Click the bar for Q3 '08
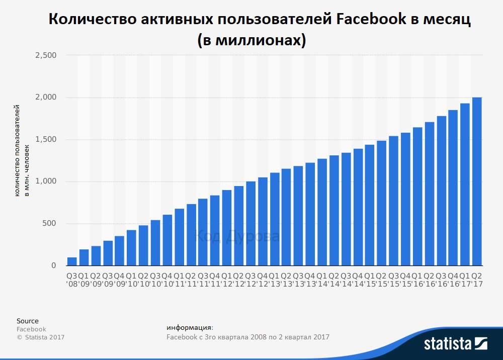[72, 261]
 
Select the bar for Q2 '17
[477, 181]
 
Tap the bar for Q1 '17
[465, 185]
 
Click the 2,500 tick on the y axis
[46, 55]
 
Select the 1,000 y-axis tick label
[46, 182]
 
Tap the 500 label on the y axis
[49, 224]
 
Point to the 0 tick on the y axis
[53, 265]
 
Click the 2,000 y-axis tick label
[46, 97]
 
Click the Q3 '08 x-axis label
[72, 280]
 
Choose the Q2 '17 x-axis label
[477, 280]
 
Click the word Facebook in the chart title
[371, 20]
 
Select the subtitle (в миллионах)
[251, 40]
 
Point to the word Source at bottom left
[27, 321]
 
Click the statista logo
[456, 344]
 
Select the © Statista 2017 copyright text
[41, 337]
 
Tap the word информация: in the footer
[190, 328]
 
